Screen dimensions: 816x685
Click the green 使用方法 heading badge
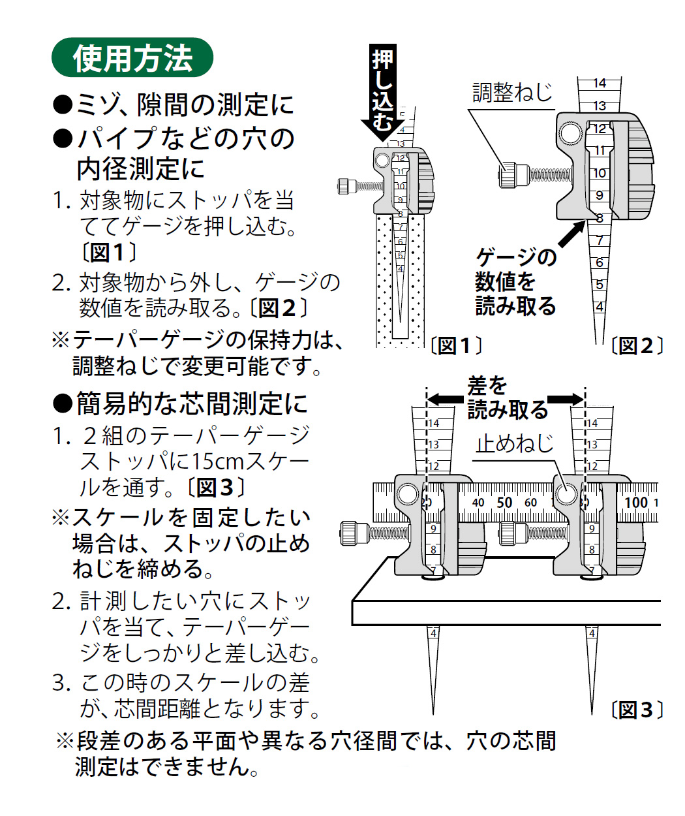click(x=132, y=58)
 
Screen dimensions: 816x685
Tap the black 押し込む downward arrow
click(x=383, y=91)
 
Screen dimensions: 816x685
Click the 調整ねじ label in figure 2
click(x=512, y=93)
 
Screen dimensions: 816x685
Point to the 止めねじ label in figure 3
click(x=515, y=444)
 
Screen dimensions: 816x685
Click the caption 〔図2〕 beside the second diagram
click(x=637, y=346)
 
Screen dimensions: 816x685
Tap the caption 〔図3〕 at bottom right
click(x=637, y=710)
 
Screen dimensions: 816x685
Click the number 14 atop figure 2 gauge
click(x=600, y=84)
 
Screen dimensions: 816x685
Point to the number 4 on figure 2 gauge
click(x=599, y=307)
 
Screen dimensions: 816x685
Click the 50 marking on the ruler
click(x=504, y=503)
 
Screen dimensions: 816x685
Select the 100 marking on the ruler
click(x=636, y=503)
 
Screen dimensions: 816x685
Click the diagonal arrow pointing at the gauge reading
click(x=571, y=235)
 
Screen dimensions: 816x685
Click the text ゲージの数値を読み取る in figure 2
click(x=515, y=282)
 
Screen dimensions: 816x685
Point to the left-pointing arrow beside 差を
click(x=446, y=398)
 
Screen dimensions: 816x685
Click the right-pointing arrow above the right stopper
click(x=566, y=400)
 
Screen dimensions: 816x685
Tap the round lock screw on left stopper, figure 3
click(x=408, y=494)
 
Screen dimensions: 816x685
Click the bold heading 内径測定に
click(x=141, y=169)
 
